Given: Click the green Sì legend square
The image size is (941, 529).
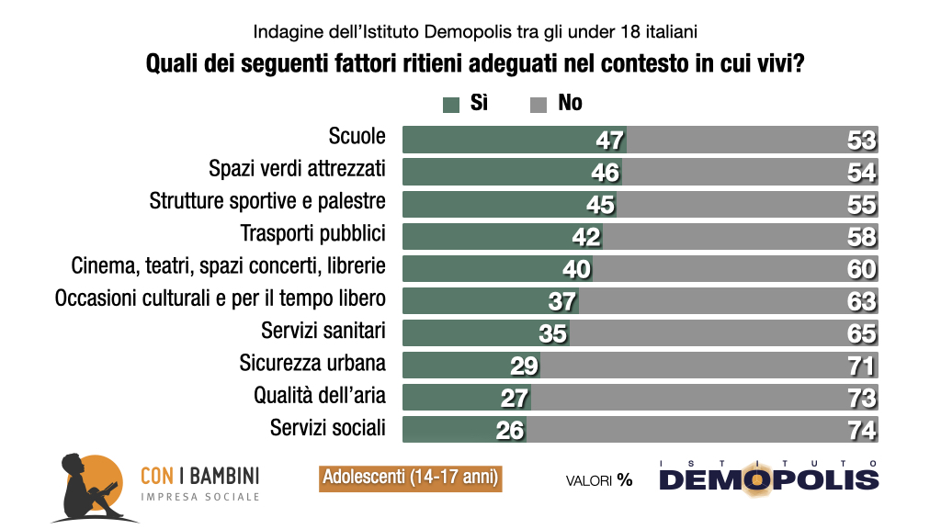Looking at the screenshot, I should tap(450, 104).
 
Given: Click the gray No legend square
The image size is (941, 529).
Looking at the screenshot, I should tap(539, 104).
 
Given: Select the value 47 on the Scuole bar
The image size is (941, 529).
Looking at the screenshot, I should tap(609, 141).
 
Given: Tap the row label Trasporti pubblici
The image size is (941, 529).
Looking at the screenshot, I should tap(312, 233).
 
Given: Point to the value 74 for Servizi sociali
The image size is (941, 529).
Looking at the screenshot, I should tap(862, 430).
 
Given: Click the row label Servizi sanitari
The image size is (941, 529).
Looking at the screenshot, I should tap(323, 330).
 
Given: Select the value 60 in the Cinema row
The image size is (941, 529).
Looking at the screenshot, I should tap(862, 269).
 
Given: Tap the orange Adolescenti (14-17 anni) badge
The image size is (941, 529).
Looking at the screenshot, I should tap(411, 478).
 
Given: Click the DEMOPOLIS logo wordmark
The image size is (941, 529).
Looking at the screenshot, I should tap(768, 479).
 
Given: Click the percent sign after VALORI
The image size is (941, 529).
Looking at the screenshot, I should tap(625, 479).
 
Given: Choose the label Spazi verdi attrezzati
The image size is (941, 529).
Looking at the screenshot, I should tap(297, 169).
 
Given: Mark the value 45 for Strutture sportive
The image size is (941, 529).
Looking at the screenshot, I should tap(600, 205).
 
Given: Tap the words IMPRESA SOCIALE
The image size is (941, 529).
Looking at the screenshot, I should tap(199, 497).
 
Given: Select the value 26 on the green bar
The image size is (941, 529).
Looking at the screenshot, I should tap(509, 430).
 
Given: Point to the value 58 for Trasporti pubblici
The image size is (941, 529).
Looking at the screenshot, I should tap(862, 237).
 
